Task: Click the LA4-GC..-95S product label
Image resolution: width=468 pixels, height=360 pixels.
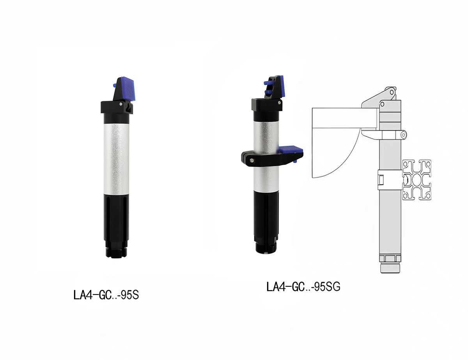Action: pyautogui.click(x=106, y=295)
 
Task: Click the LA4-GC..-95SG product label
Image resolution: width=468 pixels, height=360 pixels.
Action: pyautogui.click(x=303, y=286)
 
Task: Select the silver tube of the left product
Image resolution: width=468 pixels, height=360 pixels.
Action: pyautogui.click(x=116, y=159)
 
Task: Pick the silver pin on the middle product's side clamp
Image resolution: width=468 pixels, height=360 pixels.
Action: pyautogui.click(x=252, y=160)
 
